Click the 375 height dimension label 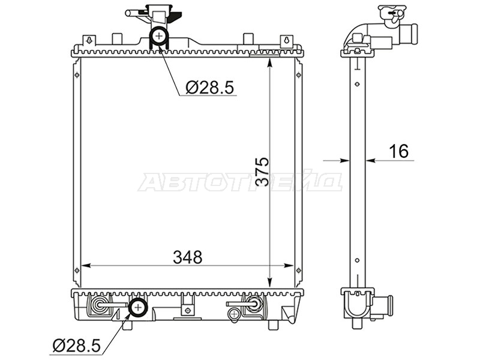tap(262, 172)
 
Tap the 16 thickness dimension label tap(399, 151)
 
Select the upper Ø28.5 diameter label tap(209, 87)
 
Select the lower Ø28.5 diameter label tap(77, 346)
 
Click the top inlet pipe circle tap(159, 36)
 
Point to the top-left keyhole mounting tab tap(89, 40)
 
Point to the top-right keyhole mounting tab tap(287, 40)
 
